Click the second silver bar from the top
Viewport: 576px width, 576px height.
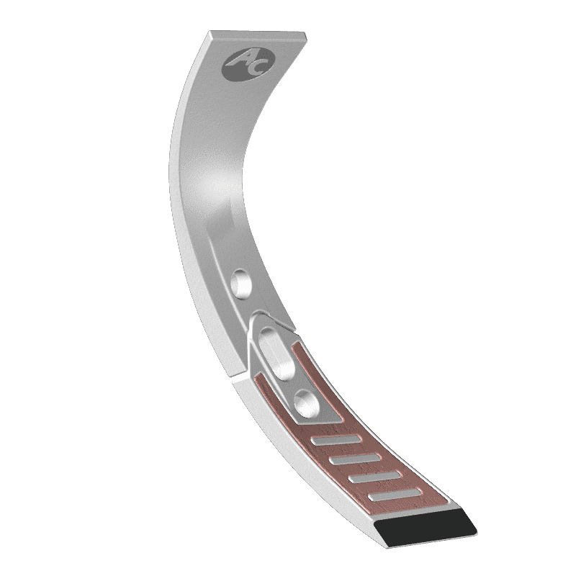[356, 458]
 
